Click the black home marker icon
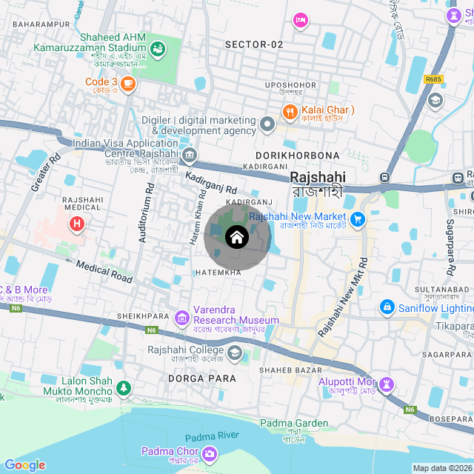(236, 237)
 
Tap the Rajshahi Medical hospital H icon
(76, 224)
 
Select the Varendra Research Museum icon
(182, 318)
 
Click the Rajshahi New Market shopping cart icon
(358, 219)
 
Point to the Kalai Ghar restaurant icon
(289, 113)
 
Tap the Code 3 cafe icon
(128, 84)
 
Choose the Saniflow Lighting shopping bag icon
(386, 306)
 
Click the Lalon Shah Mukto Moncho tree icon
(123, 387)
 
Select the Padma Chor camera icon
(211, 453)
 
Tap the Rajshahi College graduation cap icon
(236, 353)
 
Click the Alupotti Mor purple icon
(387, 384)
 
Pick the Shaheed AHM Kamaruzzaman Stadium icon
(157, 49)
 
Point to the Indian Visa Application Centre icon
(190, 155)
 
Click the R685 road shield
(433, 79)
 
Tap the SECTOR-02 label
(254, 44)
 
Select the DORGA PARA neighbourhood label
(202, 378)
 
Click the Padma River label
(211, 438)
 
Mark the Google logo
(24, 465)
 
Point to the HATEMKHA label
(219, 273)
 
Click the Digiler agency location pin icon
(267, 124)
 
